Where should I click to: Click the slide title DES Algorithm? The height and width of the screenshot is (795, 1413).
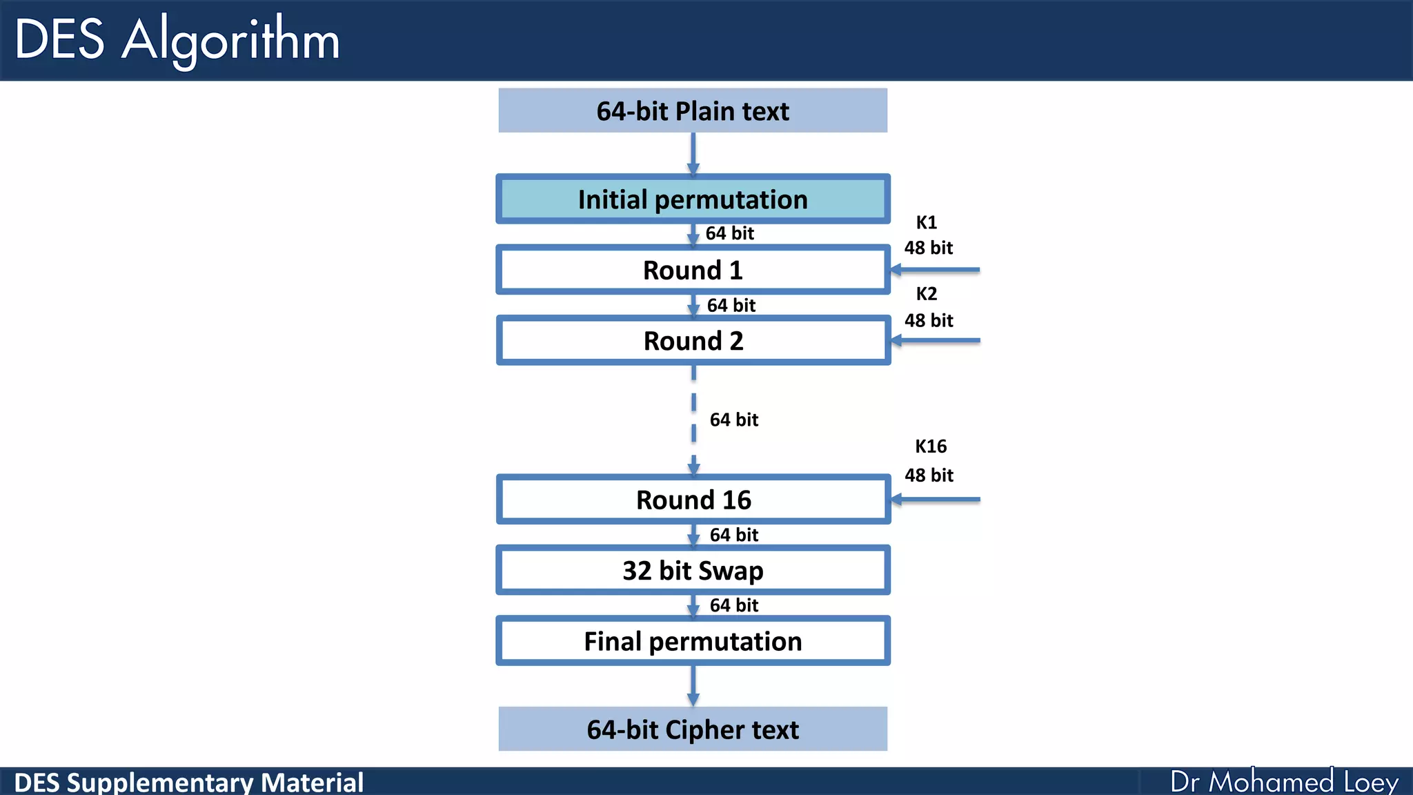[x=177, y=40]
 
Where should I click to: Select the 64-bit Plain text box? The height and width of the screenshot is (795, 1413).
[x=693, y=110]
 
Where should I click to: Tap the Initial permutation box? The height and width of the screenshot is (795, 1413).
[x=693, y=199]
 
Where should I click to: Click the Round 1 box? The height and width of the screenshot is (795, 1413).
[x=693, y=270]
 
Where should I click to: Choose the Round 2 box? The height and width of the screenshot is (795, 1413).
[x=693, y=341]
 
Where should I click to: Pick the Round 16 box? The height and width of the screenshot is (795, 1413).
[x=693, y=500]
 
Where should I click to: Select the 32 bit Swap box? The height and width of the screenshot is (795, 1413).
[x=693, y=571]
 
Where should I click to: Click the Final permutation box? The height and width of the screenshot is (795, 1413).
[x=693, y=641]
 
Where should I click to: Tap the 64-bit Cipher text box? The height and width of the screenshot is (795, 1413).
[x=693, y=729]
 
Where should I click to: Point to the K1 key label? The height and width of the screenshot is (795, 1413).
[x=926, y=222]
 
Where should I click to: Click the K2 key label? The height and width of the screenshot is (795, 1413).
[x=926, y=294]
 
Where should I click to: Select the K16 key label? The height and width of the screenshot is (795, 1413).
[x=930, y=446]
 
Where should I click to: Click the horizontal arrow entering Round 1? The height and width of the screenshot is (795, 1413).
[x=936, y=270]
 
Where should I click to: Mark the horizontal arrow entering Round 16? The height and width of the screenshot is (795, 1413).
[x=936, y=499]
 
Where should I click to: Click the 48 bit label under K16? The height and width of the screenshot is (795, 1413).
[x=929, y=475]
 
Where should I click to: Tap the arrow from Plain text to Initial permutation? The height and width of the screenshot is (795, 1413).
[x=693, y=153]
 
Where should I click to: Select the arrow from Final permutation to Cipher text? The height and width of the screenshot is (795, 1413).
[x=693, y=685]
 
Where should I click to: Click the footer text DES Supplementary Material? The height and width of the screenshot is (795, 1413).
[x=188, y=783]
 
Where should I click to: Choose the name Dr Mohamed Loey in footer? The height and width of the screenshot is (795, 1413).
[x=1283, y=782]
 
